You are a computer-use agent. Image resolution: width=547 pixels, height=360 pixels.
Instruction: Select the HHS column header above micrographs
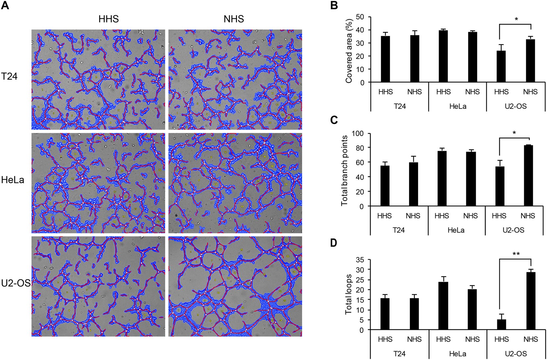[108, 19]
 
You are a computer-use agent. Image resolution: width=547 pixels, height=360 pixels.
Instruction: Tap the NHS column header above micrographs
[234, 19]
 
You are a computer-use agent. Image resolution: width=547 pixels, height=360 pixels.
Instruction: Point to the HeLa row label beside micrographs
[13, 181]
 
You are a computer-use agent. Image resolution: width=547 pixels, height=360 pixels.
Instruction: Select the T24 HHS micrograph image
[98, 80]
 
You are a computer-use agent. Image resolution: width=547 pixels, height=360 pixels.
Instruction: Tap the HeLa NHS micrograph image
[235, 183]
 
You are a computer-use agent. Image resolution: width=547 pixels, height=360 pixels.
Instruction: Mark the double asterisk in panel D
[516, 255]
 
